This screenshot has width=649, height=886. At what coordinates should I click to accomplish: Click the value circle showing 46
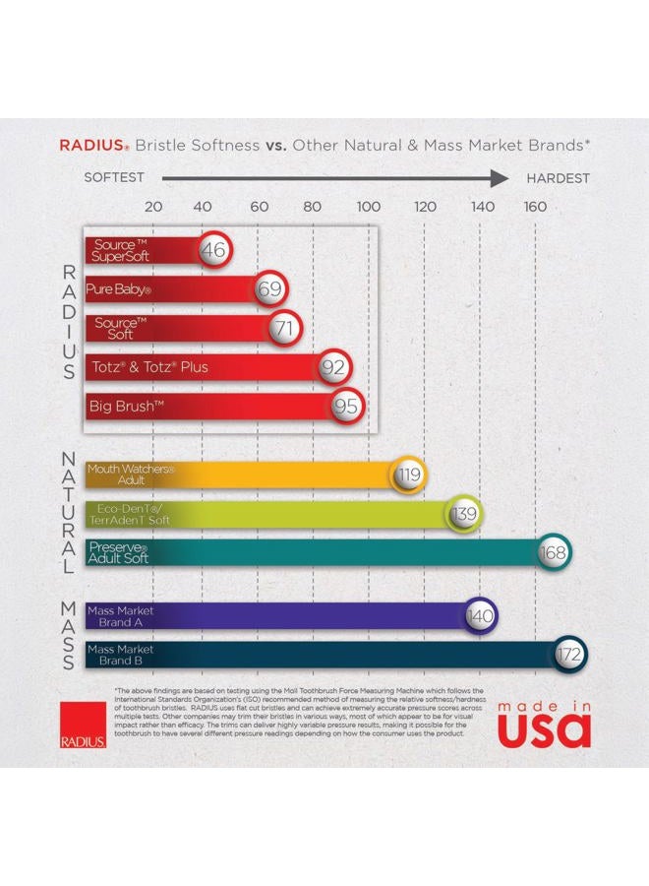point(213,250)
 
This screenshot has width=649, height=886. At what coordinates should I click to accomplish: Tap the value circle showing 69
point(270,289)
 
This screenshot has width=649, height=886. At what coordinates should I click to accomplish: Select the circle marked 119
point(409,475)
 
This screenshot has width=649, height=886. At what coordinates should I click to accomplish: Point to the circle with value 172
point(569,654)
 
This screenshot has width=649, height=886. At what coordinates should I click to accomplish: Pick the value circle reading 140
point(480,616)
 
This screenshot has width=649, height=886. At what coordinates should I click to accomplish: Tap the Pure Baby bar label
point(118,290)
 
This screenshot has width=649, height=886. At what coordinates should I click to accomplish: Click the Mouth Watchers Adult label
point(130,475)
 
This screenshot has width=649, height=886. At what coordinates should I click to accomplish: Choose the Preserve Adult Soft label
point(118,552)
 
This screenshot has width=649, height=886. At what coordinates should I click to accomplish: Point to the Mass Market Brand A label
point(120,616)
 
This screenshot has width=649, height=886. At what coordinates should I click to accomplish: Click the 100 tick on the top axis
point(368,208)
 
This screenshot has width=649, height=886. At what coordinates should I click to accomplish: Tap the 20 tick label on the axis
point(153,208)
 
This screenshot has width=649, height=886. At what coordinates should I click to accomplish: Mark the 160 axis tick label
point(535,208)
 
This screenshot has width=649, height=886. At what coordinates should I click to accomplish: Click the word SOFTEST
point(114,178)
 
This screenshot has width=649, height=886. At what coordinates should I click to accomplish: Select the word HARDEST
point(558,178)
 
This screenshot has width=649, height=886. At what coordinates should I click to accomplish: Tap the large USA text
point(543,729)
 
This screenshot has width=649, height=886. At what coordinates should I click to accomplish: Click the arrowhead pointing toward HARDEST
point(501,178)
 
